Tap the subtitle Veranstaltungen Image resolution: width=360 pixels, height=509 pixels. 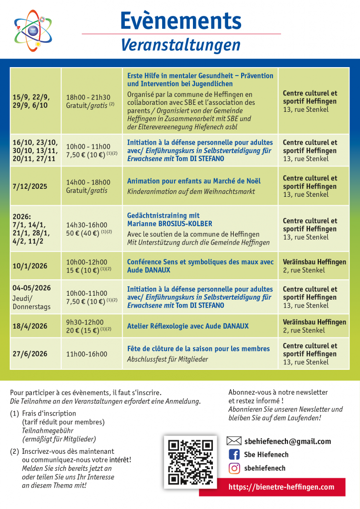pos(180,45)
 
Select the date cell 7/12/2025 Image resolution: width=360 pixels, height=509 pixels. pos(30,186)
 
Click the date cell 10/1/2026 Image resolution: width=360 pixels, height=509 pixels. pos(30,266)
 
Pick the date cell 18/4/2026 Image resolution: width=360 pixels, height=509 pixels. pos(30,326)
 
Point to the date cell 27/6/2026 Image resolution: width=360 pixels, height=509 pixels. pos(30,354)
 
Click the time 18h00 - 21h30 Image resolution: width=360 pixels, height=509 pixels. pos(88,97)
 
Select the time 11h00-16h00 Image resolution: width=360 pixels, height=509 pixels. pos(87,354)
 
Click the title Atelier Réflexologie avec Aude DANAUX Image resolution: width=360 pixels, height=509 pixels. pos(188,326)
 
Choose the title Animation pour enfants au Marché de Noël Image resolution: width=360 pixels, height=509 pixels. pos(194,181)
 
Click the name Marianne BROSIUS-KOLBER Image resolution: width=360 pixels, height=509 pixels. pos(170,224)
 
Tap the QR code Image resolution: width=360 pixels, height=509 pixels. pos(190,462)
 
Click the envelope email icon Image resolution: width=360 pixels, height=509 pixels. pos(234,441)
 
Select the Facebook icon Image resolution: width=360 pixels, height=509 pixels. pos(234,454)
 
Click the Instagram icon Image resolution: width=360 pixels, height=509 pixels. pos(234,468)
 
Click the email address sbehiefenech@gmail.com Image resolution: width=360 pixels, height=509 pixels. pos(287,441)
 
